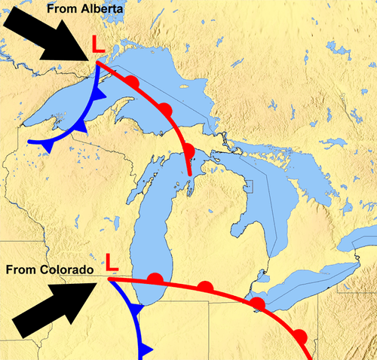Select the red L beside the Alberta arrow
(98, 46)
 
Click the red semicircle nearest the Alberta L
(132, 81)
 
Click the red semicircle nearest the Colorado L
(155, 279)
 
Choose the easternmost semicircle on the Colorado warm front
(300, 335)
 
